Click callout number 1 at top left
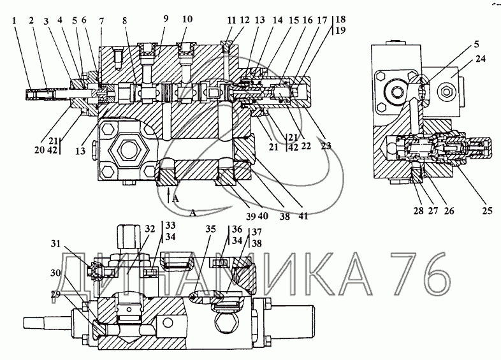pos(14,21)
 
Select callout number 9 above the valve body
pos(166,19)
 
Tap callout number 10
pos(187,19)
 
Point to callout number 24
pos(480,59)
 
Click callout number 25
pos(487,210)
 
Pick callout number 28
pos(418,210)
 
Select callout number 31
pos(55,244)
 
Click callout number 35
pos(210,229)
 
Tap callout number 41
pos(303,216)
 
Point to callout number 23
pos(326,146)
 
